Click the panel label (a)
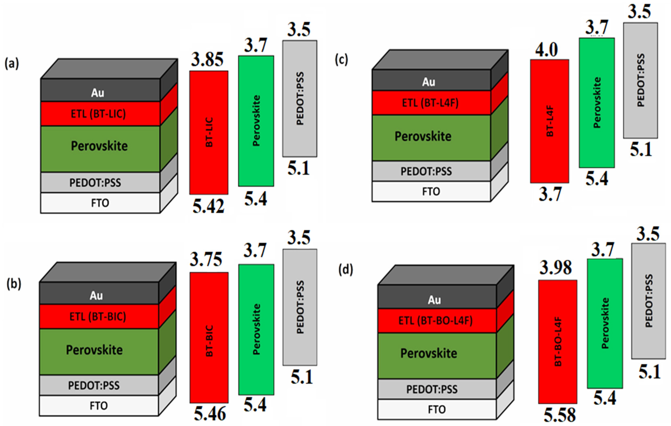point(12,64)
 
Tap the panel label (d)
point(345,270)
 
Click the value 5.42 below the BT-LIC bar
point(208,206)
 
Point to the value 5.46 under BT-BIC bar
point(210,414)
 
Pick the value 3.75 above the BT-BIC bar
point(206,260)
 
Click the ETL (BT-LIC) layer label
point(98,114)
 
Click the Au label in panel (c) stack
point(429,82)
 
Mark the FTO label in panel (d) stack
point(437,410)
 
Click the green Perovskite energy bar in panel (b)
point(256,329)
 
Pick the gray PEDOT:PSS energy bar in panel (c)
point(641,80)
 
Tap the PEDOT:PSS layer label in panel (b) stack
point(94,385)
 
